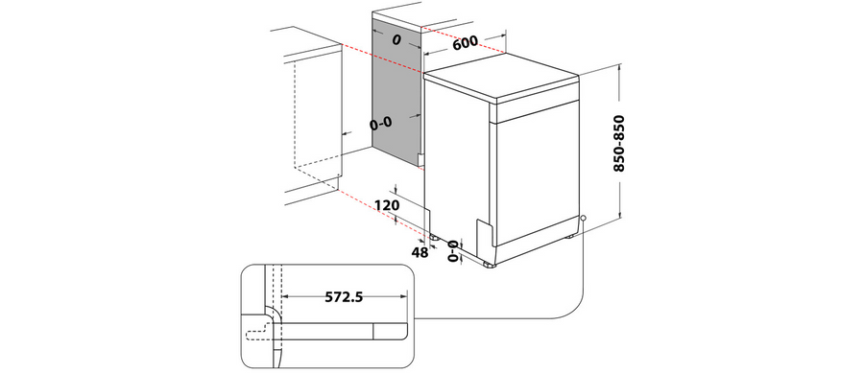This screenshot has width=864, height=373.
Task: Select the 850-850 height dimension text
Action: point(619,143)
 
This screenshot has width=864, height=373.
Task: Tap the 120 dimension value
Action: point(386,206)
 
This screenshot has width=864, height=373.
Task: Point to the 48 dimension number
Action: point(420,252)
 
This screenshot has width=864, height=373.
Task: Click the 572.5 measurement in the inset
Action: point(344,297)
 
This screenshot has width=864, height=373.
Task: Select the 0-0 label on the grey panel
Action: point(381,125)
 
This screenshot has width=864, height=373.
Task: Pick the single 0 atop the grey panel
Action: point(396,39)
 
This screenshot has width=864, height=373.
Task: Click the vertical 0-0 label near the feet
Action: point(453,251)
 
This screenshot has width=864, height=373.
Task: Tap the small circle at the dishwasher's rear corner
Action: point(583,218)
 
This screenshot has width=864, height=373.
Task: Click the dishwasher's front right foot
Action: point(490,266)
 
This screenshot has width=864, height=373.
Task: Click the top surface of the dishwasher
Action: point(501,77)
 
